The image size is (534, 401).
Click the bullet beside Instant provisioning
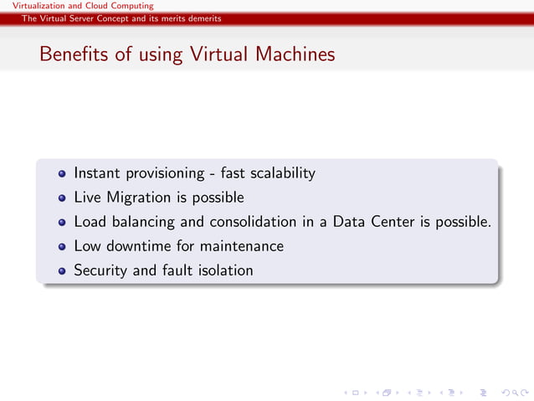[x=63, y=174]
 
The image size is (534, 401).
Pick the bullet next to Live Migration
[x=63, y=198]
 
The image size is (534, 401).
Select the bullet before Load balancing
[x=63, y=223]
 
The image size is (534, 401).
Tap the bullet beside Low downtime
[x=63, y=247]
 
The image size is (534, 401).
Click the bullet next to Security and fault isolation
[x=63, y=271]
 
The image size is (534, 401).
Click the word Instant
[x=96, y=173]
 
